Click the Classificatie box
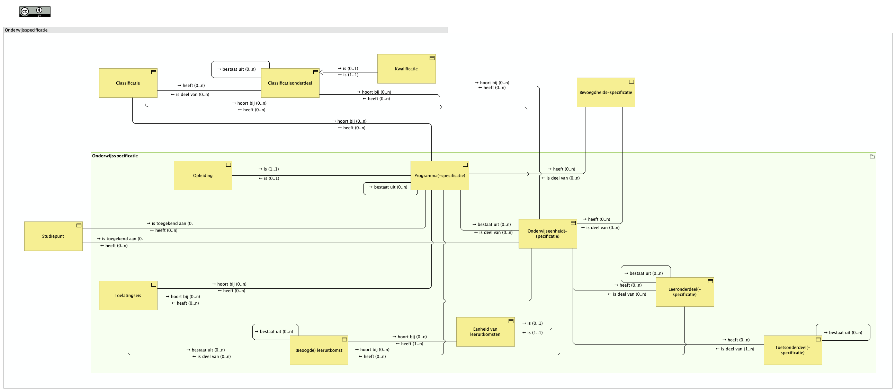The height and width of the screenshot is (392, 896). click(128, 83)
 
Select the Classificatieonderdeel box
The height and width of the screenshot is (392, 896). click(290, 83)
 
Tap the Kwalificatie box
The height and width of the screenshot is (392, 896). click(406, 69)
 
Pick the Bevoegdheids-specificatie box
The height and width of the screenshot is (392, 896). click(606, 92)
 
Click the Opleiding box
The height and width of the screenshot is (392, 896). click(203, 175)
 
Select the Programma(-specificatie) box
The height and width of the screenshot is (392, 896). click(440, 175)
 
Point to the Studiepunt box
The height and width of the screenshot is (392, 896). click(53, 236)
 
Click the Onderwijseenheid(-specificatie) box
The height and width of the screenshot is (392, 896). click(547, 234)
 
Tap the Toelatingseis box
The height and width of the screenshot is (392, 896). click(128, 296)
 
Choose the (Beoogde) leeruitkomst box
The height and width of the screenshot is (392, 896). click(319, 350)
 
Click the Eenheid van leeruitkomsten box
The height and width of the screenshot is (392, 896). click(485, 332)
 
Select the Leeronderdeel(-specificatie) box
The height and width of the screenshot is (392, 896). click(684, 292)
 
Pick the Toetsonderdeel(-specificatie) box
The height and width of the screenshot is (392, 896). click(792, 350)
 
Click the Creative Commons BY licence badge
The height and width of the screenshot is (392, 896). click(35, 12)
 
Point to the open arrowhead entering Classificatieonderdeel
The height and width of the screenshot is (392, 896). click(321, 72)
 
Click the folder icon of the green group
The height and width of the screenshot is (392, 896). click(872, 157)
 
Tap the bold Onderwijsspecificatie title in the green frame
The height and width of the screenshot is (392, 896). click(115, 156)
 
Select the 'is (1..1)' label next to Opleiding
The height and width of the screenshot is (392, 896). click(269, 169)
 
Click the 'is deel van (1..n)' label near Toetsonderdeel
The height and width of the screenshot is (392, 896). click(735, 349)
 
